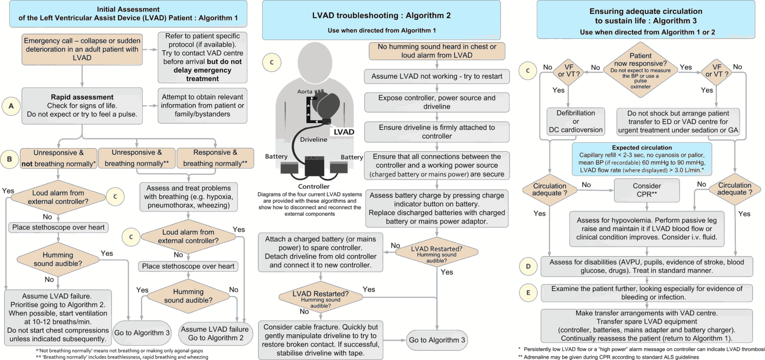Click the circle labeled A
pyautogui.click(x=11, y=106)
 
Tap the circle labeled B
pyautogui.click(x=9, y=159)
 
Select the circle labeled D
pyautogui.click(x=528, y=266)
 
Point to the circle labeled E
pyautogui.click(x=528, y=293)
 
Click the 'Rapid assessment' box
pyautogui.click(x=82, y=106)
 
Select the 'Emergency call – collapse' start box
pyautogui.click(x=82, y=49)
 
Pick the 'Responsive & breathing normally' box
pyautogui.click(x=215, y=158)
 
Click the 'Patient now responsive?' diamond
pyautogui.click(x=640, y=71)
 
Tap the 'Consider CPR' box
pyautogui.click(x=647, y=190)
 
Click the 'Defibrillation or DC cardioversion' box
pyautogui.click(x=575, y=122)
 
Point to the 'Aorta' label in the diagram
pyautogui.click(x=305, y=92)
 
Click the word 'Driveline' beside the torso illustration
pyautogui.click(x=314, y=140)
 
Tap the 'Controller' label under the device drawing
pyautogui.click(x=314, y=187)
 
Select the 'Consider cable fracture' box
pyautogui.click(x=320, y=340)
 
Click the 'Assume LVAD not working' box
pyautogui.click(x=436, y=77)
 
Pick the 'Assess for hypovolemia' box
pyautogui.click(x=646, y=229)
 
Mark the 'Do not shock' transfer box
pyautogui.click(x=678, y=122)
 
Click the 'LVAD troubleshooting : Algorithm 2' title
pyautogui.click(x=381, y=16)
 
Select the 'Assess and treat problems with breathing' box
pyautogui.click(x=188, y=197)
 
